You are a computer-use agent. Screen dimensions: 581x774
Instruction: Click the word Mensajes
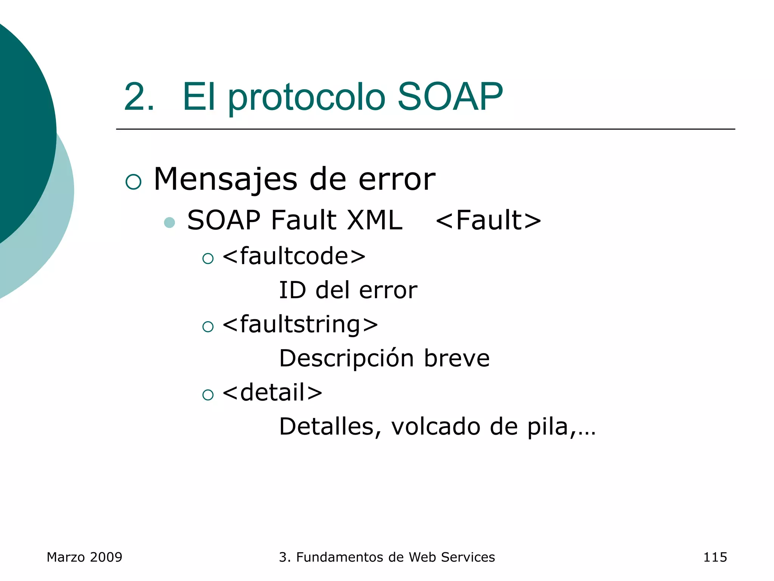tap(226, 179)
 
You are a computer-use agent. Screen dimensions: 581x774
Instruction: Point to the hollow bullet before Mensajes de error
tap(133, 182)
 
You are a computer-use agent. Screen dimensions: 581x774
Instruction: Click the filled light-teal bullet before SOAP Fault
tap(170, 222)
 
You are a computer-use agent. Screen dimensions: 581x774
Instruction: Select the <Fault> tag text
tap(488, 220)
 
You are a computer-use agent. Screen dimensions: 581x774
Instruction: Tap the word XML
tap(375, 220)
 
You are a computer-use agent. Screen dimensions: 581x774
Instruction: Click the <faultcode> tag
tap(294, 256)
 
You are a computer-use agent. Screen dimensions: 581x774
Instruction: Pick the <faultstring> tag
tap(300, 325)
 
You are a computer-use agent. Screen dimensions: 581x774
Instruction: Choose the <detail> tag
tap(272, 392)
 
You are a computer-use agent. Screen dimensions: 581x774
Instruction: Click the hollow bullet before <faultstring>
tap(208, 326)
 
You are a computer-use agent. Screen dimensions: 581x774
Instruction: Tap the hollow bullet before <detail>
tap(208, 395)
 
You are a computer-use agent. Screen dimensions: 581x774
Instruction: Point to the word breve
tap(457, 358)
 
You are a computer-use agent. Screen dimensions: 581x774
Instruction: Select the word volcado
tap(436, 427)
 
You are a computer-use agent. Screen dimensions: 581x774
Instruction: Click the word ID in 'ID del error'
tap(292, 290)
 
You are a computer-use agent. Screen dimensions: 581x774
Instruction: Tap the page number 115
tap(715, 557)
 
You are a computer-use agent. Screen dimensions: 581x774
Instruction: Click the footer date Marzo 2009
tap(84, 557)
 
